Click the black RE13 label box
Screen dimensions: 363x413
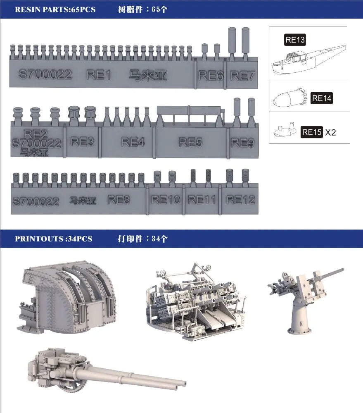(295, 40)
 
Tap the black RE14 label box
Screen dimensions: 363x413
(321, 98)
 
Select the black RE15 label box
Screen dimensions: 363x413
(312, 132)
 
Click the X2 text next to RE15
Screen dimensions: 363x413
(330, 132)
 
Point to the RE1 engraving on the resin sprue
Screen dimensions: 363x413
(98, 75)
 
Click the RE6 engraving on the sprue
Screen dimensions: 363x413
(211, 76)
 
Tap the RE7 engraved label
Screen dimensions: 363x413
(242, 76)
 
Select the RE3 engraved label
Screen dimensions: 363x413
(82, 142)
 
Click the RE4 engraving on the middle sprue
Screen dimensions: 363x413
(133, 142)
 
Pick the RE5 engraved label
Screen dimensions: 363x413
(191, 143)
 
